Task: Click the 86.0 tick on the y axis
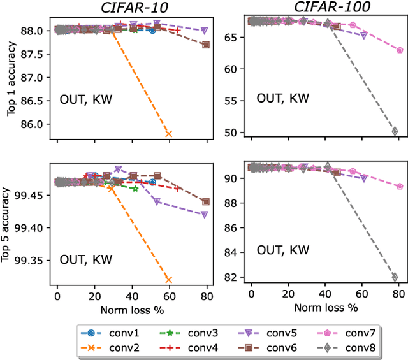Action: coord(36,124)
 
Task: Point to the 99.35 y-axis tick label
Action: coord(32,261)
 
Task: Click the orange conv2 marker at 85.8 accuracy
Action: coord(168,133)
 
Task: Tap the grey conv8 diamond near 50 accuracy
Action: coord(395,131)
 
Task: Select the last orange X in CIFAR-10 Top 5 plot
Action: coord(168,279)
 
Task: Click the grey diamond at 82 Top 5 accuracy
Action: coord(395,277)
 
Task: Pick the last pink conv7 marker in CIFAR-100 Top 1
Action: coord(400,50)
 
